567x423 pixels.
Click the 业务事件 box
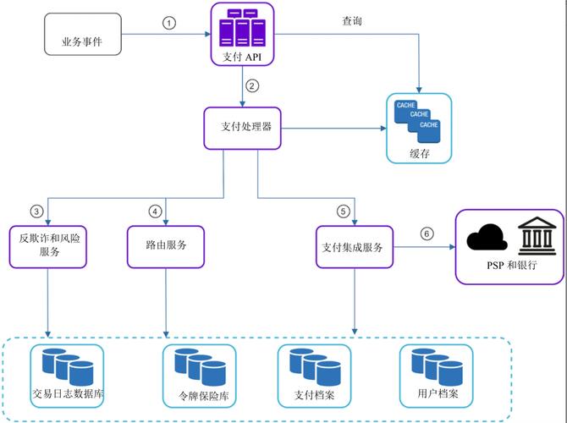coord(82,41)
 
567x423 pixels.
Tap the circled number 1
coord(169,23)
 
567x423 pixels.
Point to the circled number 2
coord(251,85)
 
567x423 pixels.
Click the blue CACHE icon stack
coord(419,119)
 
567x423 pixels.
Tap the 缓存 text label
coord(419,153)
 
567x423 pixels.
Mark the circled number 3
coord(36,211)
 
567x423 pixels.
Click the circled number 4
coord(154,211)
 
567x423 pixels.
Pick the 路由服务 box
coord(166,245)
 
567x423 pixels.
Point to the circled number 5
coord(343,211)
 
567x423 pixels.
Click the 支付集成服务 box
coord(353,248)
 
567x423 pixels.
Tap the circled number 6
coord(427,233)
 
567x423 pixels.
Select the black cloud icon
coord(487,238)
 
